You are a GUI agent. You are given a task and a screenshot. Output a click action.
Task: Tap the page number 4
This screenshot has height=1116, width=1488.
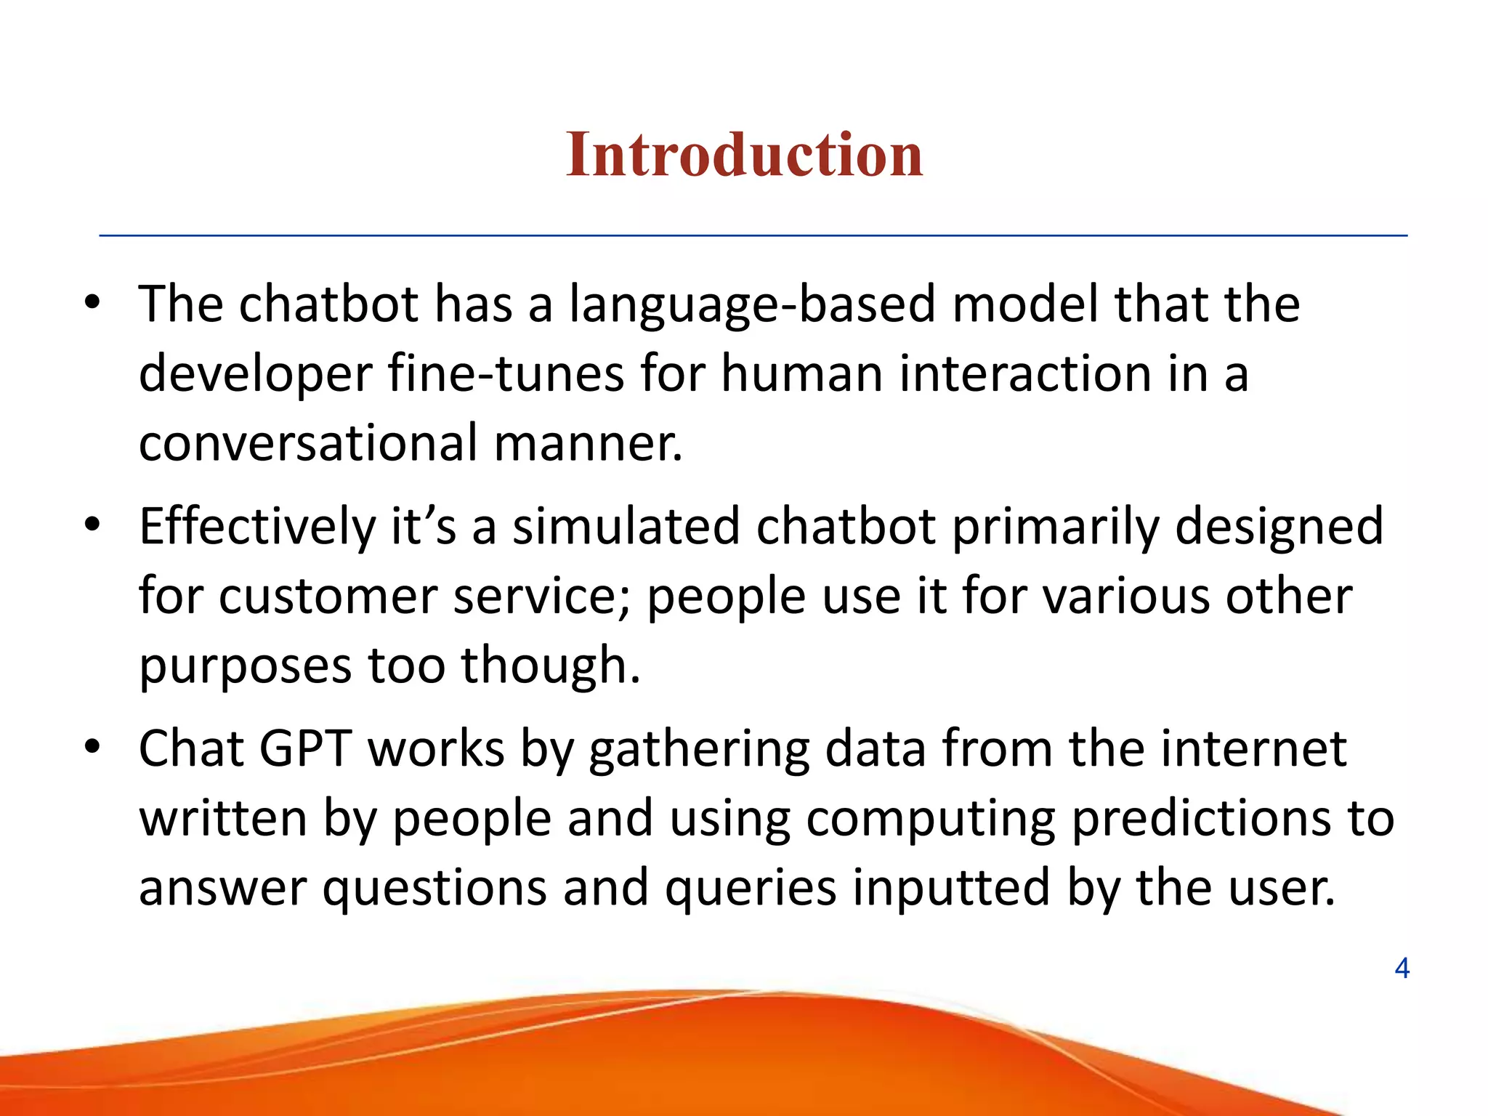click(x=1402, y=968)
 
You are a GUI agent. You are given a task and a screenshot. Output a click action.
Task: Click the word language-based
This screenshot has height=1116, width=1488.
click(x=752, y=305)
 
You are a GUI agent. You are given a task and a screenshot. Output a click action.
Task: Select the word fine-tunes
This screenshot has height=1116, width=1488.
click(x=506, y=373)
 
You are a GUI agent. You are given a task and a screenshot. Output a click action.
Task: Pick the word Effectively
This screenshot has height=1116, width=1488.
click(x=256, y=527)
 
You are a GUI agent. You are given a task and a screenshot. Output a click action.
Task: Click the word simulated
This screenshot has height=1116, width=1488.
click(x=626, y=526)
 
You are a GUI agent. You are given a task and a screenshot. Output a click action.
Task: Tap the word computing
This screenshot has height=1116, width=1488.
click(x=931, y=820)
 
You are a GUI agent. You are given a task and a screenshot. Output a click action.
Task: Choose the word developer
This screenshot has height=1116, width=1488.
click(x=254, y=375)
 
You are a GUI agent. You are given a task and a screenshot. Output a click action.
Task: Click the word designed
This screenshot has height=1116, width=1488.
click(x=1279, y=527)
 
